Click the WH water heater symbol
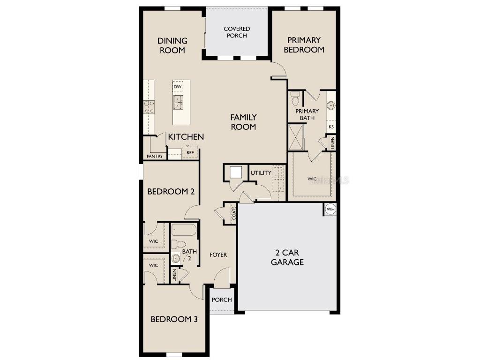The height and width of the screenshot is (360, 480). point(330,209)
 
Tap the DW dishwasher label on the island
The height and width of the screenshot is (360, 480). point(178,87)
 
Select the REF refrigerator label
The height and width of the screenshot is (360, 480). point(190,153)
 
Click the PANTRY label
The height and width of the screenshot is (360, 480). point(155,156)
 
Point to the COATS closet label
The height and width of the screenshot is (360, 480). point(233,214)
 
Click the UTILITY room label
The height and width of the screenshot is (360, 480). point(261,173)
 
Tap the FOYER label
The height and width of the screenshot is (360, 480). point(218,255)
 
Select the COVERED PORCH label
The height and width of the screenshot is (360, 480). point(237,32)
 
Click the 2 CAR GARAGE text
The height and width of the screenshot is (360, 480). point(287,257)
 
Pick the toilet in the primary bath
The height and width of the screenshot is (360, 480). point(295,99)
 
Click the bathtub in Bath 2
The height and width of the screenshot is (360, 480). point(184,230)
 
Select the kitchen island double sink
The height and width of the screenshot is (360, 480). point(178,102)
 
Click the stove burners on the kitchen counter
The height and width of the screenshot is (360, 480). point(149,107)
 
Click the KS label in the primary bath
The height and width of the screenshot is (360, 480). point(331,127)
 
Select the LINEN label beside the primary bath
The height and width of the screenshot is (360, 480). point(333,142)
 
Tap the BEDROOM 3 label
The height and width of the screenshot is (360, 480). point(174,319)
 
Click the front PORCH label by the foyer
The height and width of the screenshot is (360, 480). point(222,300)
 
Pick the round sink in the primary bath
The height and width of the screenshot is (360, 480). point(331,105)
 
